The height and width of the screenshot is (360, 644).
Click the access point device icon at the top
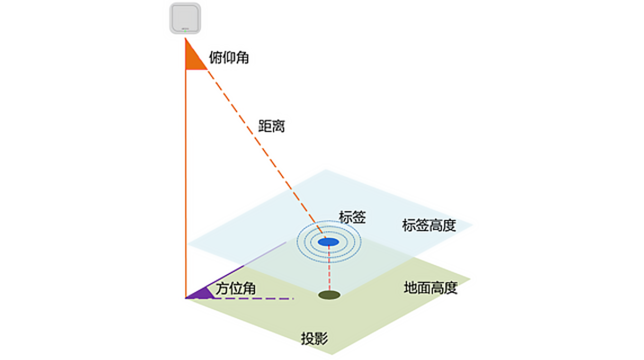click(185, 18)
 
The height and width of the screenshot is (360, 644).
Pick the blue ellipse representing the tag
click(329, 242)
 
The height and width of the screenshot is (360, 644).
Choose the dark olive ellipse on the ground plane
click(329, 295)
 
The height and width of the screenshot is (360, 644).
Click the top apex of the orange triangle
click(186, 38)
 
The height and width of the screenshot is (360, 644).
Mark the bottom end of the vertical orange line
click(186, 298)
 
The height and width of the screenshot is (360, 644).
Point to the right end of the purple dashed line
click(294, 298)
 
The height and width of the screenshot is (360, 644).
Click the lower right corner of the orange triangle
click(207, 70)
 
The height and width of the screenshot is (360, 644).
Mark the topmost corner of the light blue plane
click(326, 170)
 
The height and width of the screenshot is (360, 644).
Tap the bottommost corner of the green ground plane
click(332, 355)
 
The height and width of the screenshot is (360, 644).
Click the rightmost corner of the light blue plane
click(473, 225)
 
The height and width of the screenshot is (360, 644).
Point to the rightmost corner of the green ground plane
click(471, 279)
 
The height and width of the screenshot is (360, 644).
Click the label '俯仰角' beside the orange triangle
click(229, 57)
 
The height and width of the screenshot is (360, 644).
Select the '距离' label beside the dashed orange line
click(271, 126)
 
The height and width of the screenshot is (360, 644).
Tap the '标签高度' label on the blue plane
click(429, 225)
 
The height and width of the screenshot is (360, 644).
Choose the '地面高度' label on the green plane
click(431, 288)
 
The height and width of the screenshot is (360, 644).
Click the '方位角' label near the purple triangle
click(236, 288)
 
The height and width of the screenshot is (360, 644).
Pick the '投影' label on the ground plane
click(314, 338)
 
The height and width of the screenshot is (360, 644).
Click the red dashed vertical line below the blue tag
click(329, 268)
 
